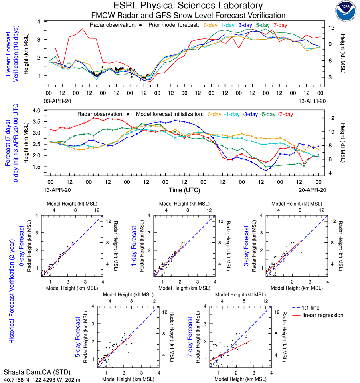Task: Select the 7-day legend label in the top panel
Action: point(280,25)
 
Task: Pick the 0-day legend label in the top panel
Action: point(210,25)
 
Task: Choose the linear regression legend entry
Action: point(323,315)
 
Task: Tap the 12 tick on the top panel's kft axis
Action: point(332,28)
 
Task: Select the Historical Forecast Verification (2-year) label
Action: point(12,278)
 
